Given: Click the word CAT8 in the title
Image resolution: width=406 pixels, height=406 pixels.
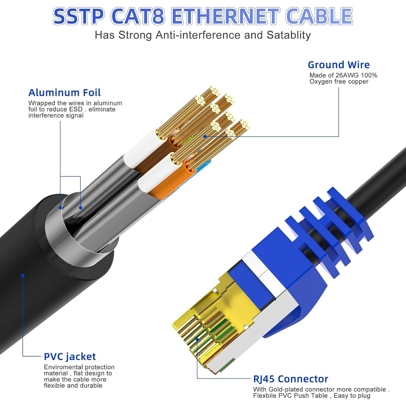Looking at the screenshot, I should pyautogui.click(x=138, y=16).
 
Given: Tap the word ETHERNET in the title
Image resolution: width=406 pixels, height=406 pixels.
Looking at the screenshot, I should pyautogui.click(x=225, y=16).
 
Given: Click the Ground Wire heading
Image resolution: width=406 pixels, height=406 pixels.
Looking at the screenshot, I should pyautogui.click(x=339, y=65).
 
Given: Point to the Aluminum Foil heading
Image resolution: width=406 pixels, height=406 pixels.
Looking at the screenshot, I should pyautogui.click(x=64, y=93).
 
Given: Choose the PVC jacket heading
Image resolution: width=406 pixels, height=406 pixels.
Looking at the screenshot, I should pyautogui.click(x=70, y=357).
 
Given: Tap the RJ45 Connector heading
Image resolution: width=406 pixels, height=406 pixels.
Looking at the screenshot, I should pyautogui.click(x=290, y=379).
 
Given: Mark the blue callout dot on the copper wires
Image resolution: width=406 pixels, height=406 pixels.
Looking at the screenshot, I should pyautogui.click(x=205, y=136).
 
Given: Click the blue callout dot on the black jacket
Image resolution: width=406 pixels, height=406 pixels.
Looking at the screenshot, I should pyautogui.click(x=23, y=275).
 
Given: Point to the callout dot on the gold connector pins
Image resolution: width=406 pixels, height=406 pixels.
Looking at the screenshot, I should pyautogui.click(x=197, y=339).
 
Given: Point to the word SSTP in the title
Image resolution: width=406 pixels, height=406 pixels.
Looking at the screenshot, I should pyautogui.click(x=78, y=16).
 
